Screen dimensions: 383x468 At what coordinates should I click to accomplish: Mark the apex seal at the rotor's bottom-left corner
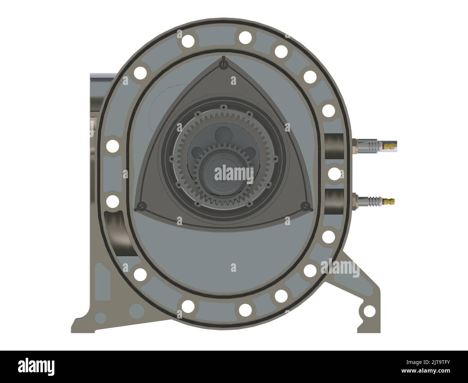click(141, 206)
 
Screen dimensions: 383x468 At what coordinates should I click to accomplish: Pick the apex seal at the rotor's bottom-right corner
click(306, 206)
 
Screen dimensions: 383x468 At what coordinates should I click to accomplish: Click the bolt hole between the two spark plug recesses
click(334, 174)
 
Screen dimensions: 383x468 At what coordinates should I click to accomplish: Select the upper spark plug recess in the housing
click(334, 146)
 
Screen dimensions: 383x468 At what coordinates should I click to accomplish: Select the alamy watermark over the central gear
click(234, 173)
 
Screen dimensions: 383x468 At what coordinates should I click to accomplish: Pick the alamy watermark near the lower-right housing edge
click(339, 268)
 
